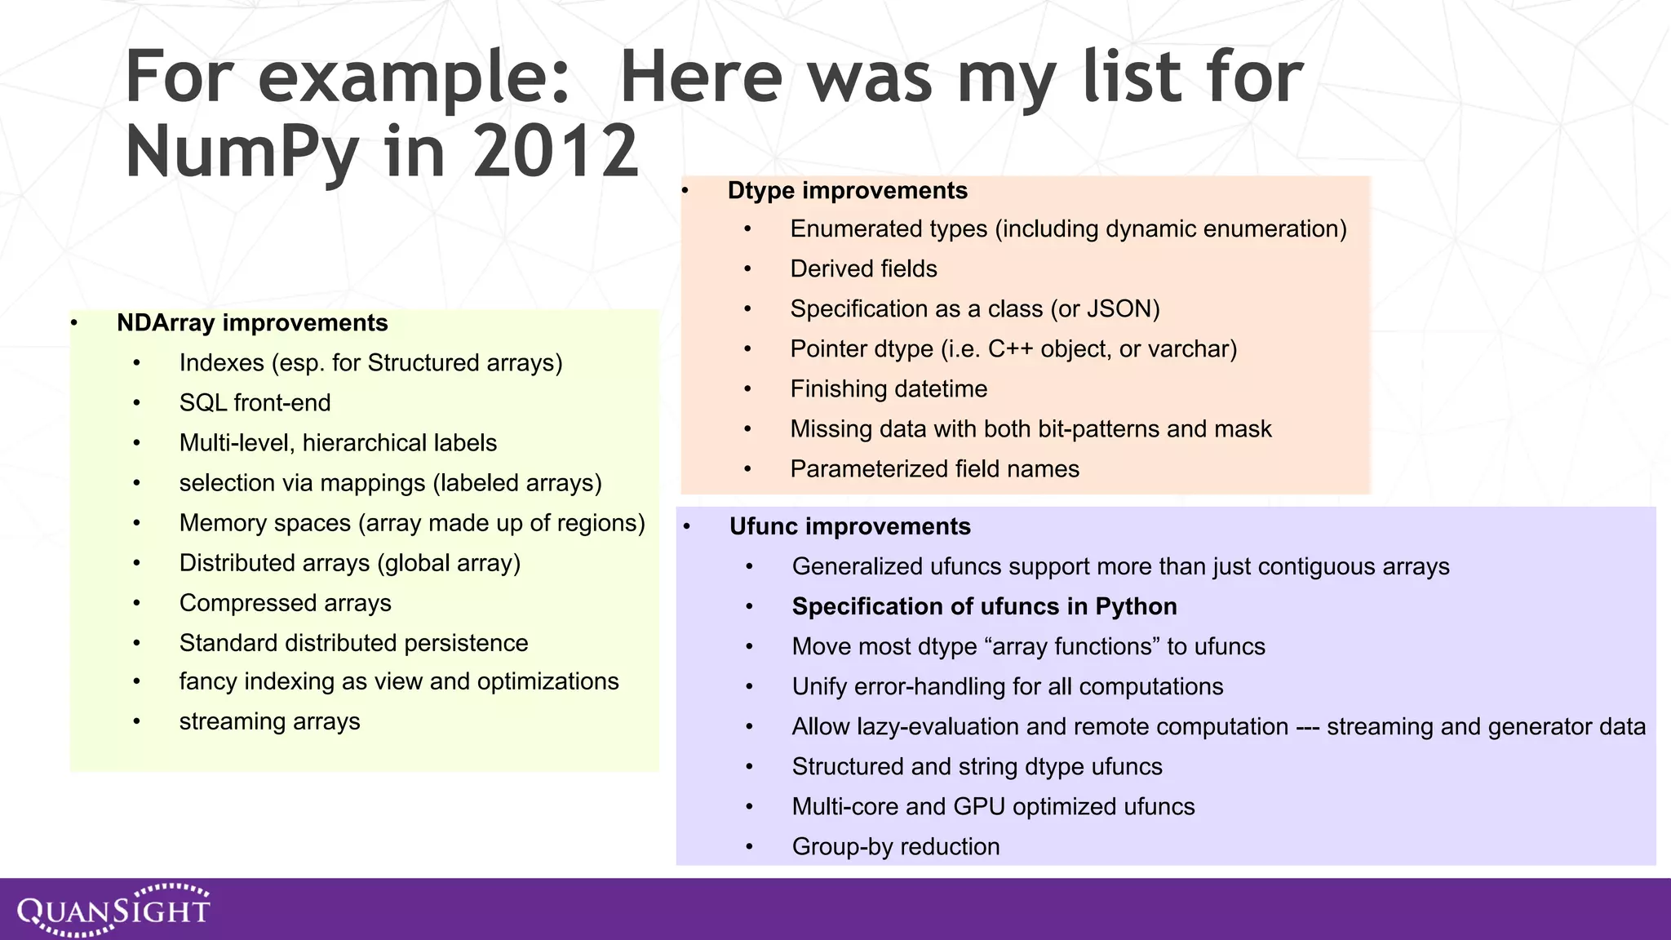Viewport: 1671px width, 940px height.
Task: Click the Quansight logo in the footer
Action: [x=113, y=909]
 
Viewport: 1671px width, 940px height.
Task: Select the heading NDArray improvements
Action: [x=252, y=323]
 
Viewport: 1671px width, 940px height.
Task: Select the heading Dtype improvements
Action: [x=847, y=191]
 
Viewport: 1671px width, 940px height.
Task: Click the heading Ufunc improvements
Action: [x=849, y=527]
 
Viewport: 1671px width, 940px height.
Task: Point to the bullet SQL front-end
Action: [x=255, y=403]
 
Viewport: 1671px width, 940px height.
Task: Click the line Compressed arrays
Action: [x=285, y=603]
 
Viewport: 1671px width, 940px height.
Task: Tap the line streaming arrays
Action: [x=269, y=722]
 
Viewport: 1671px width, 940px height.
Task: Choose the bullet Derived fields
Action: [x=863, y=269]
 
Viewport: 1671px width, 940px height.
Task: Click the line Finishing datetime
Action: [x=888, y=389]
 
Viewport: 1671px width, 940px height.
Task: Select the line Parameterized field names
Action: [x=934, y=469]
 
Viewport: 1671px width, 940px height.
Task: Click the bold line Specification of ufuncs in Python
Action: [x=984, y=607]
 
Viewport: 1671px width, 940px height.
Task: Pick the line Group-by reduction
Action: [x=895, y=847]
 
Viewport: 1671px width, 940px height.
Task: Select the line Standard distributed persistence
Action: [x=353, y=643]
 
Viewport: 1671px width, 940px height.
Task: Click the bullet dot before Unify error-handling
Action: [x=749, y=687]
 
